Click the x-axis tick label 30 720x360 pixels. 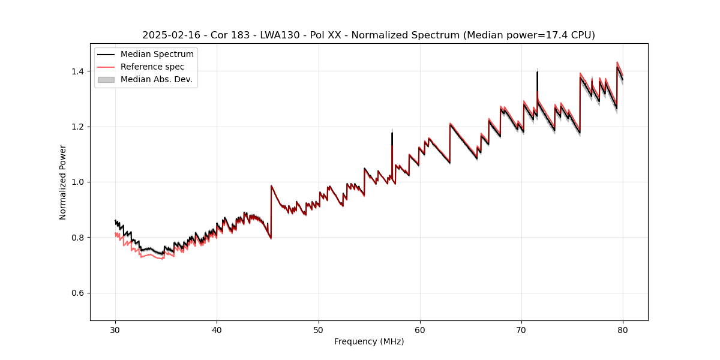point(115,330)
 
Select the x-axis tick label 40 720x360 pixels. point(217,330)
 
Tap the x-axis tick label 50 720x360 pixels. point(319,330)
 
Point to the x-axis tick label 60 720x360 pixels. point(420,330)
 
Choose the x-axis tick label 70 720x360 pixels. point(521,330)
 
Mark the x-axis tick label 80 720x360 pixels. point(623,330)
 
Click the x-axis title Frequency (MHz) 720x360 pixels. point(369,342)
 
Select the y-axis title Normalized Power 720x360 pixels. point(63,182)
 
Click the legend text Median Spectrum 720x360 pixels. point(157,55)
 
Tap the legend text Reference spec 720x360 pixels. point(152,67)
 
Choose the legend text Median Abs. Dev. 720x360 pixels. point(157,80)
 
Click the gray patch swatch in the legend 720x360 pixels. point(106,80)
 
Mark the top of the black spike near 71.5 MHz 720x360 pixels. point(537,72)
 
